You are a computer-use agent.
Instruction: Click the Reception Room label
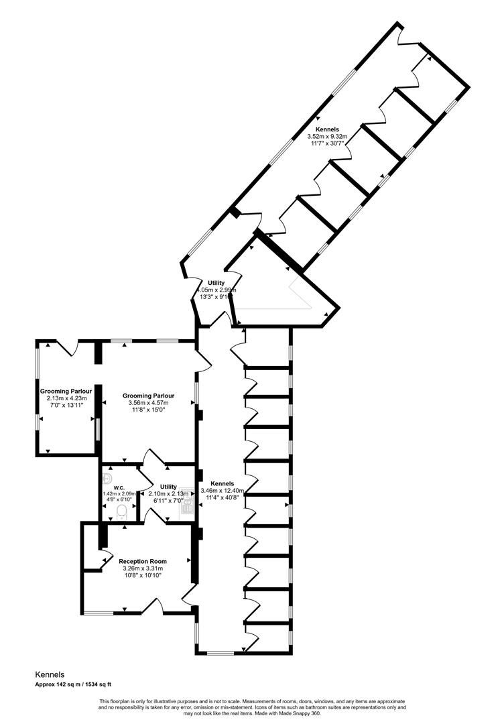coord(143,561)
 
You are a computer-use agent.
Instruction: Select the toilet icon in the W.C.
coord(121,513)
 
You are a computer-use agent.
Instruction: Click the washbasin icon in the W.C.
coord(107,478)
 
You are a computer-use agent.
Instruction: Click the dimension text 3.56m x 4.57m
coord(148,403)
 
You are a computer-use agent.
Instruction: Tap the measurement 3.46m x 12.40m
coord(222,491)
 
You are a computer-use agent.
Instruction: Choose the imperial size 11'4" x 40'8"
coord(222,497)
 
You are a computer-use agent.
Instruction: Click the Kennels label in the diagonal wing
coord(327,129)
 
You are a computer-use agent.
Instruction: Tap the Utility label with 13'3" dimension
coord(216,283)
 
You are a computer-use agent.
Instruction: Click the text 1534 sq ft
coord(99,684)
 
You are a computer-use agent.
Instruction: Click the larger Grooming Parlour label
coord(148,396)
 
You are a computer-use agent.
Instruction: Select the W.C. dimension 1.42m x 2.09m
coord(119,493)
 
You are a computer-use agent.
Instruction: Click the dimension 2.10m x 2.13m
coord(168,494)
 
